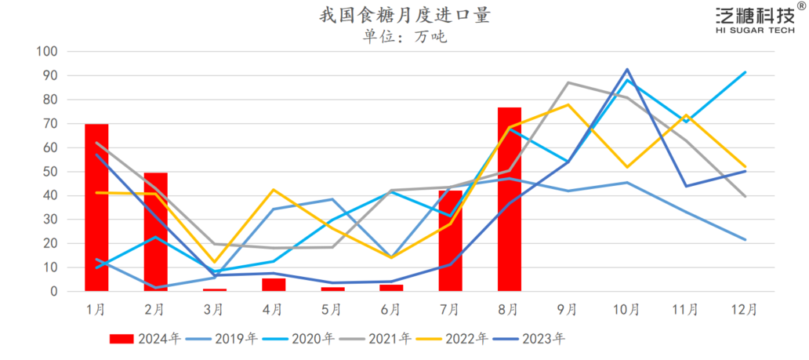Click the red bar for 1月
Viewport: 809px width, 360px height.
pos(96,208)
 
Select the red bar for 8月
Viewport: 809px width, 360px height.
pos(509,199)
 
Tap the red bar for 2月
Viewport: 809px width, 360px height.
pos(155,232)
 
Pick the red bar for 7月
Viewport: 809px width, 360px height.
pos(450,241)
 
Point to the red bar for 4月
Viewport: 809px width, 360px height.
pos(273,285)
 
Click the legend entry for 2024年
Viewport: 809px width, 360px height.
pos(146,339)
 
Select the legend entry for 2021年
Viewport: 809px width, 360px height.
pos(377,339)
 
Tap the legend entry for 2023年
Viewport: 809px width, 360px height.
pos(531,339)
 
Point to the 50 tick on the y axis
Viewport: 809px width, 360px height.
pos(50,172)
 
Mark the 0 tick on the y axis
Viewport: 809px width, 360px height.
pos(53,292)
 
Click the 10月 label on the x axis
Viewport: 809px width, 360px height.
pos(627,310)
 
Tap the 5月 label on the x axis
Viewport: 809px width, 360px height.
pos(332,310)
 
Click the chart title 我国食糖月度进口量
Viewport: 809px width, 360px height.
pos(404,16)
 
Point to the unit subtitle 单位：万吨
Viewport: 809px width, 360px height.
pos(404,36)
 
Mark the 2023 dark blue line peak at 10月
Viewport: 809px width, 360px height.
pos(627,69)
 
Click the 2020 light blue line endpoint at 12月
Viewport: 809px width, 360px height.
pos(745,72)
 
